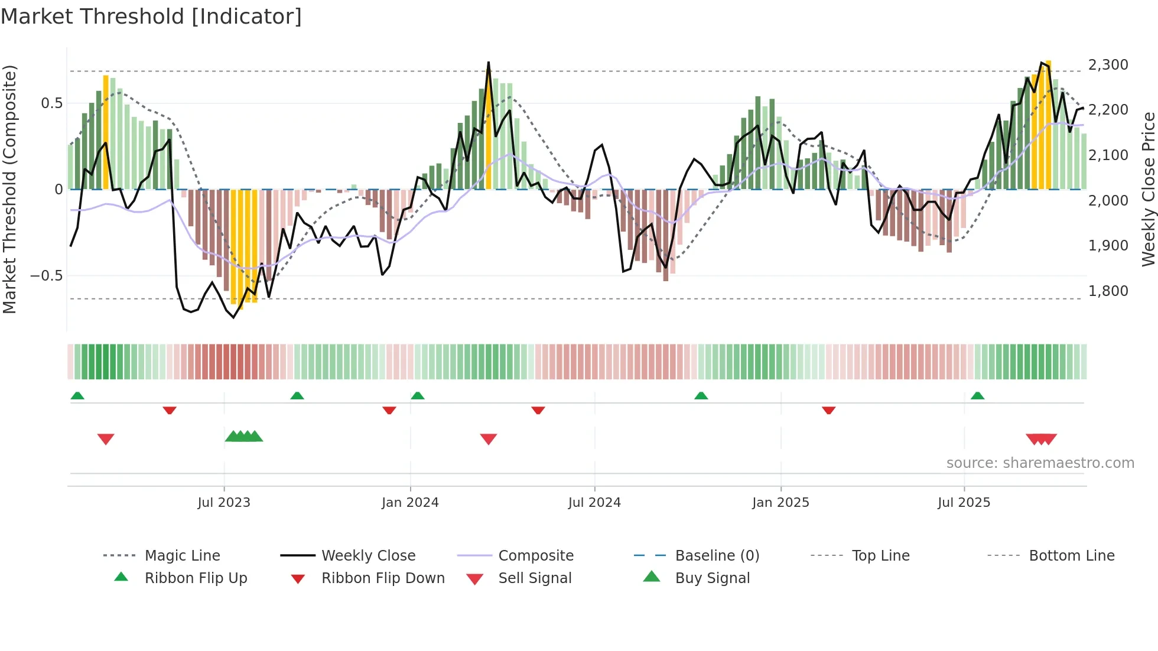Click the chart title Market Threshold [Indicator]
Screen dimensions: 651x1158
click(x=151, y=17)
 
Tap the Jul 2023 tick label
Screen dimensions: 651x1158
click(x=224, y=503)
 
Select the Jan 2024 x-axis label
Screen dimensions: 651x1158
click(x=410, y=503)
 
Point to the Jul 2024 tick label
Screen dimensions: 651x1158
click(x=594, y=503)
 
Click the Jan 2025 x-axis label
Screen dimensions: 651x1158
click(x=780, y=503)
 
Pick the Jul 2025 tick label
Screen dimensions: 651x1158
click(x=964, y=503)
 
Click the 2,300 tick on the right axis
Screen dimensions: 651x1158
click(x=1108, y=65)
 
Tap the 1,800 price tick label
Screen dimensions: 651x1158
click(x=1108, y=291)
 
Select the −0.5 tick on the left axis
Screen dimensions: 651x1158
click(x=46, y=276)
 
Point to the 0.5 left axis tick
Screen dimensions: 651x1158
click(x=51, y=103)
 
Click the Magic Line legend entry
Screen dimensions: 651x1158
click(x=182, y=556)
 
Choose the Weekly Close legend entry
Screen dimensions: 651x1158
click(x=368, y=556)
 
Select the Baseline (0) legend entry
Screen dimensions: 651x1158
click(x=717, y=556)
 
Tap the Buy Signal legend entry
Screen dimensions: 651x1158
click(x=712, y=578)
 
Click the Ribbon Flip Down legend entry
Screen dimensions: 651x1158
click(x=382, y=578)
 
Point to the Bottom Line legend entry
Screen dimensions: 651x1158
click(x=1071, y=556)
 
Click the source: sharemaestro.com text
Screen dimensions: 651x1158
click(x=1040, y=463)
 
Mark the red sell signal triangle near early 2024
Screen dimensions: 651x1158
click(x=489, y=439)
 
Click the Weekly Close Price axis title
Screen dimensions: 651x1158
click(x=1148, y=189)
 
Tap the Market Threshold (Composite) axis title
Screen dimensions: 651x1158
click(x=9, y=189)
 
